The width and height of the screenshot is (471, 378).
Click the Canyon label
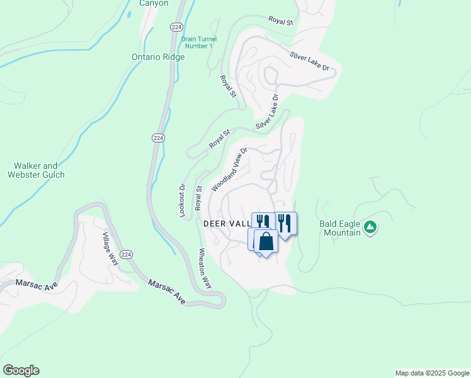pos(154,3)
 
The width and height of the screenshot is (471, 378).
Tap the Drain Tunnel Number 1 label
pos(198,42)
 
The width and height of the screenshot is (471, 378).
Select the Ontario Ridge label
pos(158,57)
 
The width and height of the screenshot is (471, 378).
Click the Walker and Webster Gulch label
pos(37,170)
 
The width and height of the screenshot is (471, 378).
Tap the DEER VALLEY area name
pos(227,224)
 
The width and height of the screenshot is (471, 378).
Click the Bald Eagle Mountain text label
pos(340,228)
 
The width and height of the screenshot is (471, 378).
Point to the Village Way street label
pos(110,249)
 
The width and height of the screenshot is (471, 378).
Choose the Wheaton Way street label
pos(205,267)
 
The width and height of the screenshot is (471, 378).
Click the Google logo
pos(21,370)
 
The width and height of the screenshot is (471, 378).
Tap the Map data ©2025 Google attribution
pos(432,373)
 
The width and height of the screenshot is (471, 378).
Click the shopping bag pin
pos(266,241)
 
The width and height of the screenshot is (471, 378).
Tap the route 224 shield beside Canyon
pos(176,26)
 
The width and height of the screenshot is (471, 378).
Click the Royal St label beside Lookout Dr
pos(198,198)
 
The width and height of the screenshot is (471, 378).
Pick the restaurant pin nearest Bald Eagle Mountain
pos(285,224)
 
